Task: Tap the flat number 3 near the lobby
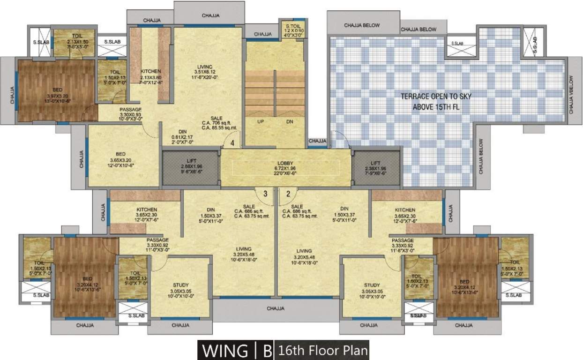click(265, 193)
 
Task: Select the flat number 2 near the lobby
click(288, 193)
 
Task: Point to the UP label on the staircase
click(261, 121)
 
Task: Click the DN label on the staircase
click(290, 121)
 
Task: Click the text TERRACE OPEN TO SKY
click(436, 96)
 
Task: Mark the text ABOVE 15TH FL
click(436, 106)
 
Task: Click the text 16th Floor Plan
click(322, 351)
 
